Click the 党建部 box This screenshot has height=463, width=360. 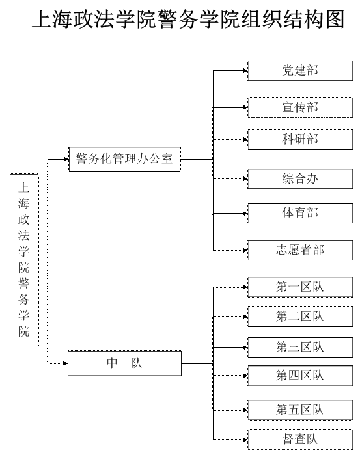(x=300, y=70)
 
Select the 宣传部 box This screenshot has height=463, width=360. (x=300, y=107)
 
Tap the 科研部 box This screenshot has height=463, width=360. (x=300, y=139)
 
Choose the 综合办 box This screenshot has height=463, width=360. (x=300, y=178)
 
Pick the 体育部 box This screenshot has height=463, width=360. (x=300, y=213)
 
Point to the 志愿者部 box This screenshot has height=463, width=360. (x=300, y=250)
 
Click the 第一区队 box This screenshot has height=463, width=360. (x=300, y=287)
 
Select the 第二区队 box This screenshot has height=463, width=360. (x=300, y=316)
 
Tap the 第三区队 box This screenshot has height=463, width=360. (x=300, y=347)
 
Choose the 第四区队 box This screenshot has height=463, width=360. (x=300, y=376)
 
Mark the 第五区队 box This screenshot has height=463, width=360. (x=300, y=410)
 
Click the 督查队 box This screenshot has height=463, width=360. (x=300, y=440)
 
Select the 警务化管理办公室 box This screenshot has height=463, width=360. (x=124, y=159)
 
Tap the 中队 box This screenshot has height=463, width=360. (x=124, y=363)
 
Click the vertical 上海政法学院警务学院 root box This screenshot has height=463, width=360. (x=24, y=260)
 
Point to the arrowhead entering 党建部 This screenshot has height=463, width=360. (x=245, y=70)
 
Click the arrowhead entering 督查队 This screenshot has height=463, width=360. (x=245, y=440)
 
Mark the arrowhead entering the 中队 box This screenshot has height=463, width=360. (x=66, y=363)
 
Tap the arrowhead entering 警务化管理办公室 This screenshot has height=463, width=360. (x=66, y=159)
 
